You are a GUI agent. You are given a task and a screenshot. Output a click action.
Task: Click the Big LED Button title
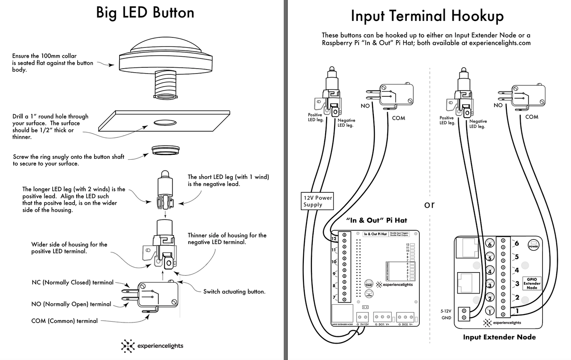pyautogui.click(x=145, y=12)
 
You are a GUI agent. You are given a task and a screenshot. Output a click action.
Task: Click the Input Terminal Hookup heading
pyautogui.click(x=427, y=16)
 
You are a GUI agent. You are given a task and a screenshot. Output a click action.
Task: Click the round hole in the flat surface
pyautogui.click(x=165, y=122)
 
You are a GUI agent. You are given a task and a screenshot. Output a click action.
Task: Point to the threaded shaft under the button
pyautogui.click(x=166, y=85)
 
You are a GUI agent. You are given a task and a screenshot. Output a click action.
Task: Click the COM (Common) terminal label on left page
pyautogui.click(x=64, y=320)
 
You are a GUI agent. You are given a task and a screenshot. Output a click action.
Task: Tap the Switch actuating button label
pyautogui.click(x=234, y=292)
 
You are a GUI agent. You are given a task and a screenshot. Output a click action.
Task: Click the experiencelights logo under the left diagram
pyautogui.click(x=152, y=346)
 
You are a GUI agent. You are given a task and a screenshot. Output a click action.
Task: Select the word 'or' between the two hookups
pyautogui.click(x=429, y=205)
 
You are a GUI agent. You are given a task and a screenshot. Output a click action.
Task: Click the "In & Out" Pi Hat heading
pyautogui.click(x=377, y=220)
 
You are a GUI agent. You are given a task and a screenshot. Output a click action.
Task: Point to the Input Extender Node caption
pyautogui.click(x=499, y=337)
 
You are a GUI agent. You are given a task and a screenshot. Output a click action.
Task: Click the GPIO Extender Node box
pyautogui.click(x=532, y=283)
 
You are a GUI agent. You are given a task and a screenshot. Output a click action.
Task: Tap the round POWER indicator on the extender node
pyautogui.click(x=534, y=246)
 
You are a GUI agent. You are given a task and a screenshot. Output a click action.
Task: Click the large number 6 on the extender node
pyautogui.click(x=517, y=243)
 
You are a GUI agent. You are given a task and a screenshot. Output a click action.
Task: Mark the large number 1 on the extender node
pyautogui.click(x=517, y=310)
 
